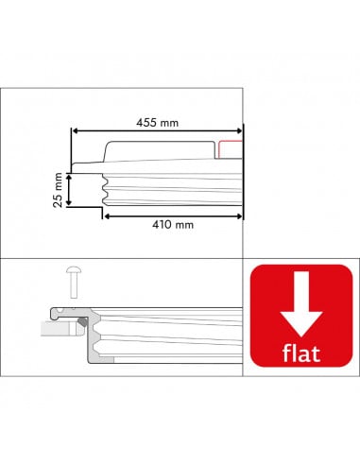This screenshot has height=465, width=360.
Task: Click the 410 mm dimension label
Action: [x=171, y=225]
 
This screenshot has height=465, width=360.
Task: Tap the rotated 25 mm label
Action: [x=57, y=187]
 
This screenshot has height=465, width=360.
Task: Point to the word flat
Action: [x=300, y=354]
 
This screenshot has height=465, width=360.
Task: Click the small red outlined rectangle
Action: [x=230, y=149]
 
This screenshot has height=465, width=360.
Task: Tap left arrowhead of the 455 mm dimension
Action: [x=76, y=132]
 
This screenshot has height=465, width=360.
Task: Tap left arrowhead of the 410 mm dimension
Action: [x=106, y=215]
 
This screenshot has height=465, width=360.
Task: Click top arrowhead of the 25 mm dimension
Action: [x=70, y=172]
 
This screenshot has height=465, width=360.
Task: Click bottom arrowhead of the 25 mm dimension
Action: [x=70, y=202]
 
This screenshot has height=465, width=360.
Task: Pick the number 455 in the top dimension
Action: [x=146, y=122]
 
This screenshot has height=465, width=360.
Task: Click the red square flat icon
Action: [x=300, y=320]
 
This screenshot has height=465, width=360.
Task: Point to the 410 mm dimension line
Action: [x=208, y=215]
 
